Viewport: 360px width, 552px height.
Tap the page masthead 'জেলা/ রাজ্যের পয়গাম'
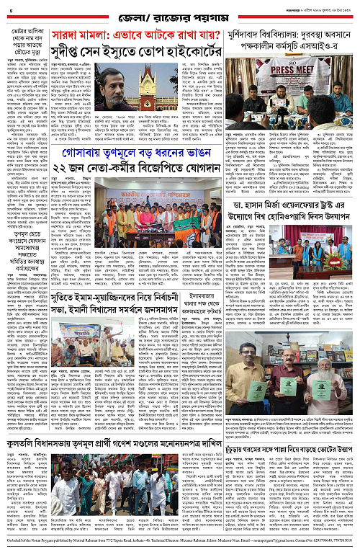tap(180, 9)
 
